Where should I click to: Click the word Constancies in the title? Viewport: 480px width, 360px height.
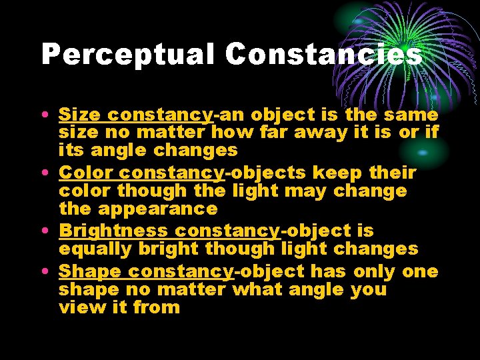[323, 54]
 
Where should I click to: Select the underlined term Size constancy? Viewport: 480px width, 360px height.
[135, 115]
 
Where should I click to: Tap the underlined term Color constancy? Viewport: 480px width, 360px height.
[141, 173]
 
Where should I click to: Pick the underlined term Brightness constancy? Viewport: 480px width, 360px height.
[169, 231]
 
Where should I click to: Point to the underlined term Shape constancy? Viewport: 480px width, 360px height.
[146, 271]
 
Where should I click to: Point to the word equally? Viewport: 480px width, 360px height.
[95, 249]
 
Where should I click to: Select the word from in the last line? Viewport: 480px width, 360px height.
[157, 307]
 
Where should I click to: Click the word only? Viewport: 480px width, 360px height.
[375, 271]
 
